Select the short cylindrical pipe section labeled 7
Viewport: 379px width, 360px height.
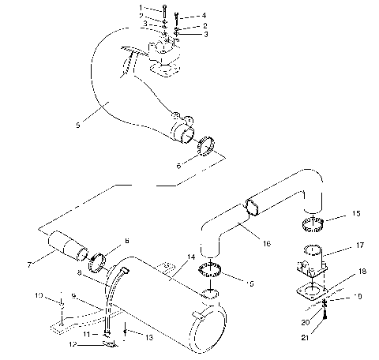[69, 245]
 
